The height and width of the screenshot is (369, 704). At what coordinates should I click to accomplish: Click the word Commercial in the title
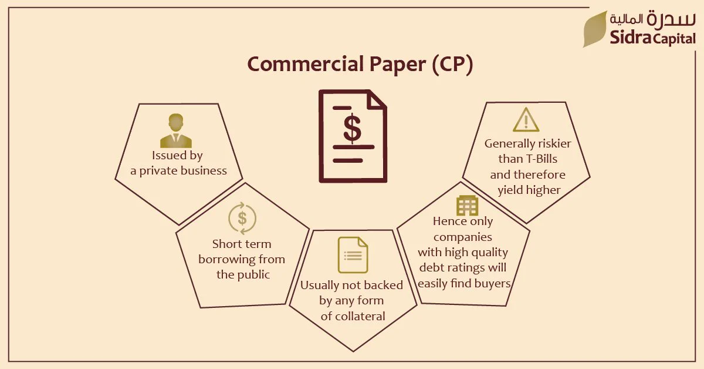coord(306,64)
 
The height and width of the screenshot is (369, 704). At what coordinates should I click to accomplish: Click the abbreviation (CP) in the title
coord(452,65)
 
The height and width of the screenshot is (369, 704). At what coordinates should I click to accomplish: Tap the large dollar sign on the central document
coord(353,128)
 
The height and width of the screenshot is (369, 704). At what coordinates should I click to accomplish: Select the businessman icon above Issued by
coord(176,130)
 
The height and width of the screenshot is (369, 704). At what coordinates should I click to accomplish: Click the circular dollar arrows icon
coord(242,218)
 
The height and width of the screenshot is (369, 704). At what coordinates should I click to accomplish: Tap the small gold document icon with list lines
coord(353,254)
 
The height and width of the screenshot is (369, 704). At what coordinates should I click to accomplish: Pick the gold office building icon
coord(468,205)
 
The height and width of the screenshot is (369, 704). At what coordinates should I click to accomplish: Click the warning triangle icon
coord(526,119)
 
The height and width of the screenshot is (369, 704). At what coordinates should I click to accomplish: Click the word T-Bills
coord(543,159)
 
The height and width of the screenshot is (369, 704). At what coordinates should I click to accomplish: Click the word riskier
coord(554,143)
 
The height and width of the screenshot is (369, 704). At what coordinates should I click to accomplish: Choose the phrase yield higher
coord(529,190)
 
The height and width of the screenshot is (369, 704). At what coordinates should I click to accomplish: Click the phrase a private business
coord(178,170)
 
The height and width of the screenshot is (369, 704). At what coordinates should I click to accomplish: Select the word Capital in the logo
coord(674,39)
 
